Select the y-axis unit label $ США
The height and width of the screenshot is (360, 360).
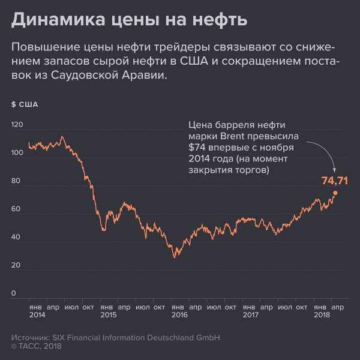point(25,104)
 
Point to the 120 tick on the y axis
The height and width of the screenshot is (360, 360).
point(17,125)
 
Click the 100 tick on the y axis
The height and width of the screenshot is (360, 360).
point(17,153)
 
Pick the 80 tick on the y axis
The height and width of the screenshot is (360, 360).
point(17,181)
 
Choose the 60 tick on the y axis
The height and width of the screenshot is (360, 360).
point(17,209)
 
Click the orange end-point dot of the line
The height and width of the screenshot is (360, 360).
point(335,193)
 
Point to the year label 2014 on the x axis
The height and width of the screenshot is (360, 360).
point(37,314)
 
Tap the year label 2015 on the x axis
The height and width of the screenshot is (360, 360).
point(109,314)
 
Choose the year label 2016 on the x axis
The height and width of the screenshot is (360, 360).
point(179,314)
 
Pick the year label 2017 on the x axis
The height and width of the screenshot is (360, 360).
point(251,314)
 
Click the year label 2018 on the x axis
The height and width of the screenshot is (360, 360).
point(323,314)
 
